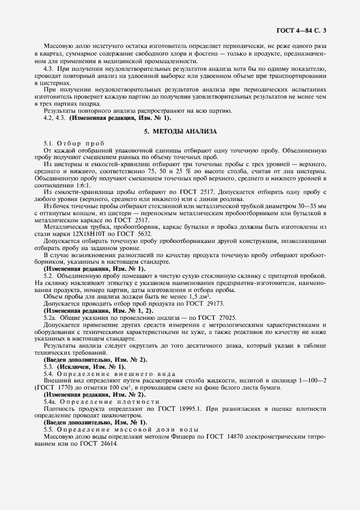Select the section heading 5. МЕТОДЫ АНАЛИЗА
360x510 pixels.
(x=180, y=131)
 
